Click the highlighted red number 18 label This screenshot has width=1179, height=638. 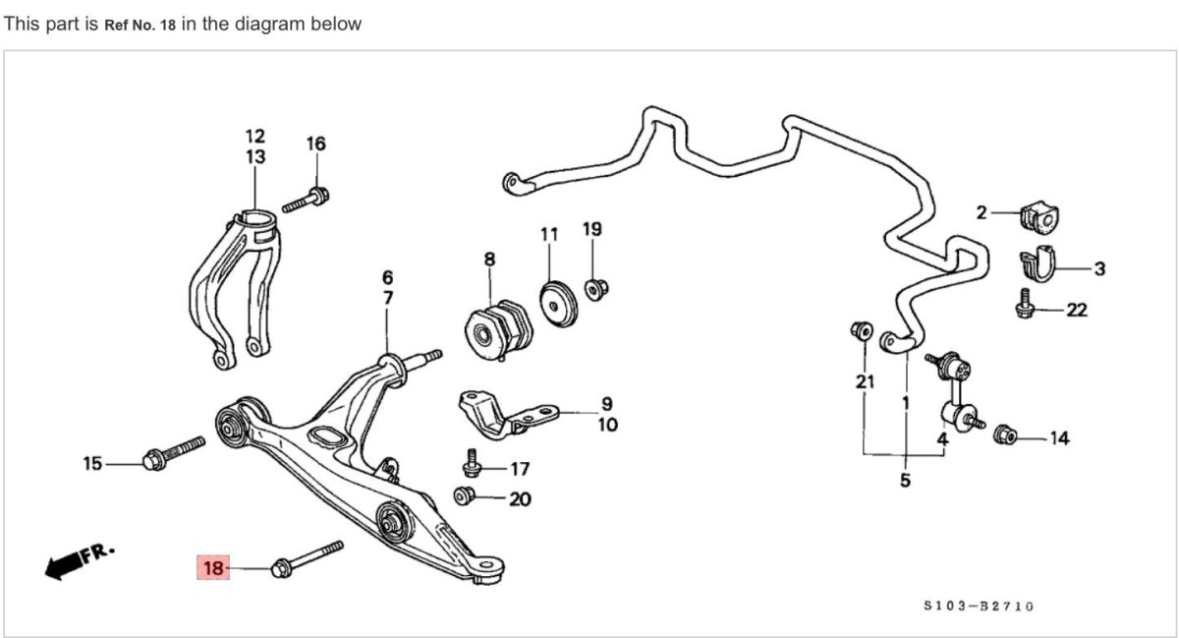(x=213, y=567)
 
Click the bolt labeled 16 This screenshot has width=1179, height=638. (x=306, y=200)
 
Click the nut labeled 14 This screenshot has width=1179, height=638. (x=1004, y=435)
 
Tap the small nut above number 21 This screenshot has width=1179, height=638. (x=861, y=331)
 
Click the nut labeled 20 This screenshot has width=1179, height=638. (x=465, y=495)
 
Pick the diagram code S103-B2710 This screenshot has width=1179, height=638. (x=978, y=607)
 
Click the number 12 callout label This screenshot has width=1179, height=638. (x=255, y=136)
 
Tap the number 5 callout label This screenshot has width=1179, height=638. (x=905, y=481)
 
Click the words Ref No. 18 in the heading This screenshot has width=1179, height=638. (x=140, y=24)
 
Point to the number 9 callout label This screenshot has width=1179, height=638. (x=606, y=403)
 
